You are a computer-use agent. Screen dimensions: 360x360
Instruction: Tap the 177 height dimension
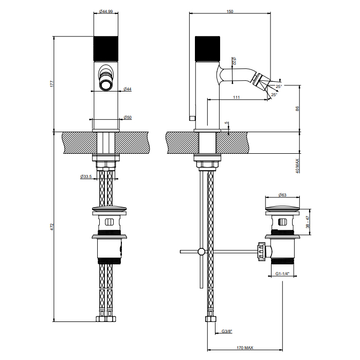tap(51, 84)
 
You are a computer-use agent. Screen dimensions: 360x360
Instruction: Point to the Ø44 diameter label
tap(128, 89)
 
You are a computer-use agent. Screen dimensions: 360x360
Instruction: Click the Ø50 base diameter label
tap(128, 118)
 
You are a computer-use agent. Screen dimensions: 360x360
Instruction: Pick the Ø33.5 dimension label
tap(86, 176)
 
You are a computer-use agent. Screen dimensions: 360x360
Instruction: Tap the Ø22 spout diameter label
tap(234, 61)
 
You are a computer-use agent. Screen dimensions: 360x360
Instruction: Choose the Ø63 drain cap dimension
tap(282, 195)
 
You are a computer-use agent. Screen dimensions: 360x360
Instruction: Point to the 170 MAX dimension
tap(245, 348)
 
